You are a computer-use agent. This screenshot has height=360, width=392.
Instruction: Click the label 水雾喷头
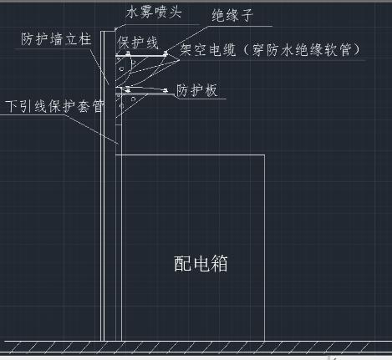coord(154,13)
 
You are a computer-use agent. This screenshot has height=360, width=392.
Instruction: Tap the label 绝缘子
coord(232,15)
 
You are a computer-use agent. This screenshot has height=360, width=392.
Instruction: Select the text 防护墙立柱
coord(56,38)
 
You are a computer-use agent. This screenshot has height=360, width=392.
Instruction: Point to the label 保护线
coord(138,43)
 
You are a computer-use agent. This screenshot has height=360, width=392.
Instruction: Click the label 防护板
coord(196,90)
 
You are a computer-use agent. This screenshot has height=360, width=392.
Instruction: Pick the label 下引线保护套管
coord(54,106)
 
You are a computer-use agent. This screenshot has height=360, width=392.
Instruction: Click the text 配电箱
coord(201,263)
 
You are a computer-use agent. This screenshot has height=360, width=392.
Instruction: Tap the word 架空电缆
coord(208,50)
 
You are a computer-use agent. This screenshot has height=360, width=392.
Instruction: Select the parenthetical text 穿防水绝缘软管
coord(302,50)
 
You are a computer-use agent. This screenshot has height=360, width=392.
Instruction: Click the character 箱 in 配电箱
coord(219,263)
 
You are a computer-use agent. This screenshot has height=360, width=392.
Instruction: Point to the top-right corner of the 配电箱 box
coord(264,155)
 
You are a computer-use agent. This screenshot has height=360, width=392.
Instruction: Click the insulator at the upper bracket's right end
coord(165,53)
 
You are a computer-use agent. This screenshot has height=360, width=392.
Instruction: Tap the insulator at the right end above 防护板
coord(165,90)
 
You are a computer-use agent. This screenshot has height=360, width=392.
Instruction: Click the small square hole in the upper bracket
coord(121,68)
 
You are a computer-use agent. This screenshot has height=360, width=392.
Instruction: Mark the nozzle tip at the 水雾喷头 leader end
coord(115,29)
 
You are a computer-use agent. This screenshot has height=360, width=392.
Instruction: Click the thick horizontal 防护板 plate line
coord(145,94)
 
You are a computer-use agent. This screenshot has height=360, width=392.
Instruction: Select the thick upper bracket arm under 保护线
coord(141,56)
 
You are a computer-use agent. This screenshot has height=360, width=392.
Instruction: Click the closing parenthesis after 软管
coord(356,50)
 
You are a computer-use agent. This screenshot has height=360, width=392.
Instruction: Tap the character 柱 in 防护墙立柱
coord(84,38)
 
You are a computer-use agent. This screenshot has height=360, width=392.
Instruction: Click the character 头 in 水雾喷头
coord(176,13)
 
